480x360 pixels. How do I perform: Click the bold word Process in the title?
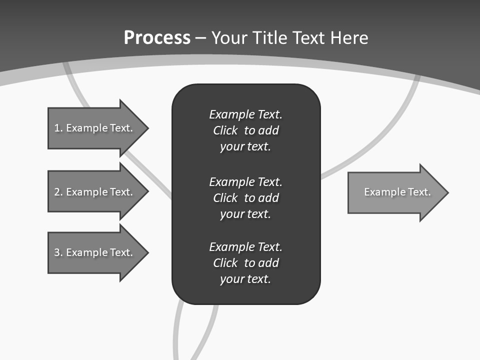tap(157, 38)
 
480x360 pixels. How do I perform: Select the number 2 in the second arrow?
tap(57, 192)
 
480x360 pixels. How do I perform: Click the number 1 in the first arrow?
tap(57, 128)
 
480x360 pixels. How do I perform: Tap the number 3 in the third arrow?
tap(57, 252)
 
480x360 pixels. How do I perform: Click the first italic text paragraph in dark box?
tap(245, 130)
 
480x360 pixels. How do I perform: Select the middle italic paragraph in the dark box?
tap(245, 198)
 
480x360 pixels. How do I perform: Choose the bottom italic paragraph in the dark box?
tap(245, 263)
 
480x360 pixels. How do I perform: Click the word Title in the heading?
tap(269, 38)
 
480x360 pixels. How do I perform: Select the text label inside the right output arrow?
tap(397, 192)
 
